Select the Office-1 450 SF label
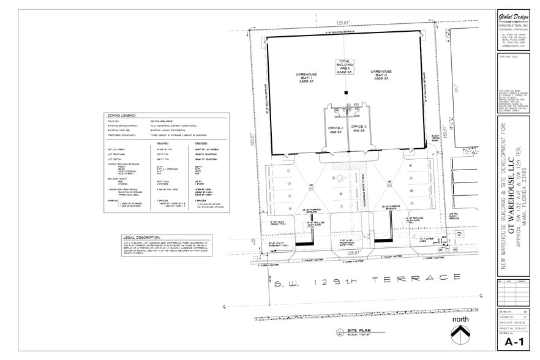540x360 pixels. click(x=334, y=130)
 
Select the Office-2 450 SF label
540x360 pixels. click(x=359, y=130)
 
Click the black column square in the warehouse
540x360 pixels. click(x=347, y=92)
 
